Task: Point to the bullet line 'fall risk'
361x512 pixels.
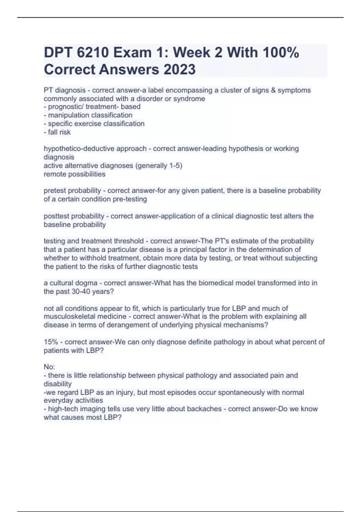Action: tap(59, 132)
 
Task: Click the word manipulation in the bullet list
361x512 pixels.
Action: tap(68, 115)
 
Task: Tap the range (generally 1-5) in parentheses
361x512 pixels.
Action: tap(159, 166)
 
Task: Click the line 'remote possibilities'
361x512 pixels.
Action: tap(75, 174)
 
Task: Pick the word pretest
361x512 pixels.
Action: tap(55, 190)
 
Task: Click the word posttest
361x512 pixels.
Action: tap(57, 216)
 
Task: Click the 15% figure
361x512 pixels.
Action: tap(50, 342)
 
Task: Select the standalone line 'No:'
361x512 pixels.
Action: tap(49, 367)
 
